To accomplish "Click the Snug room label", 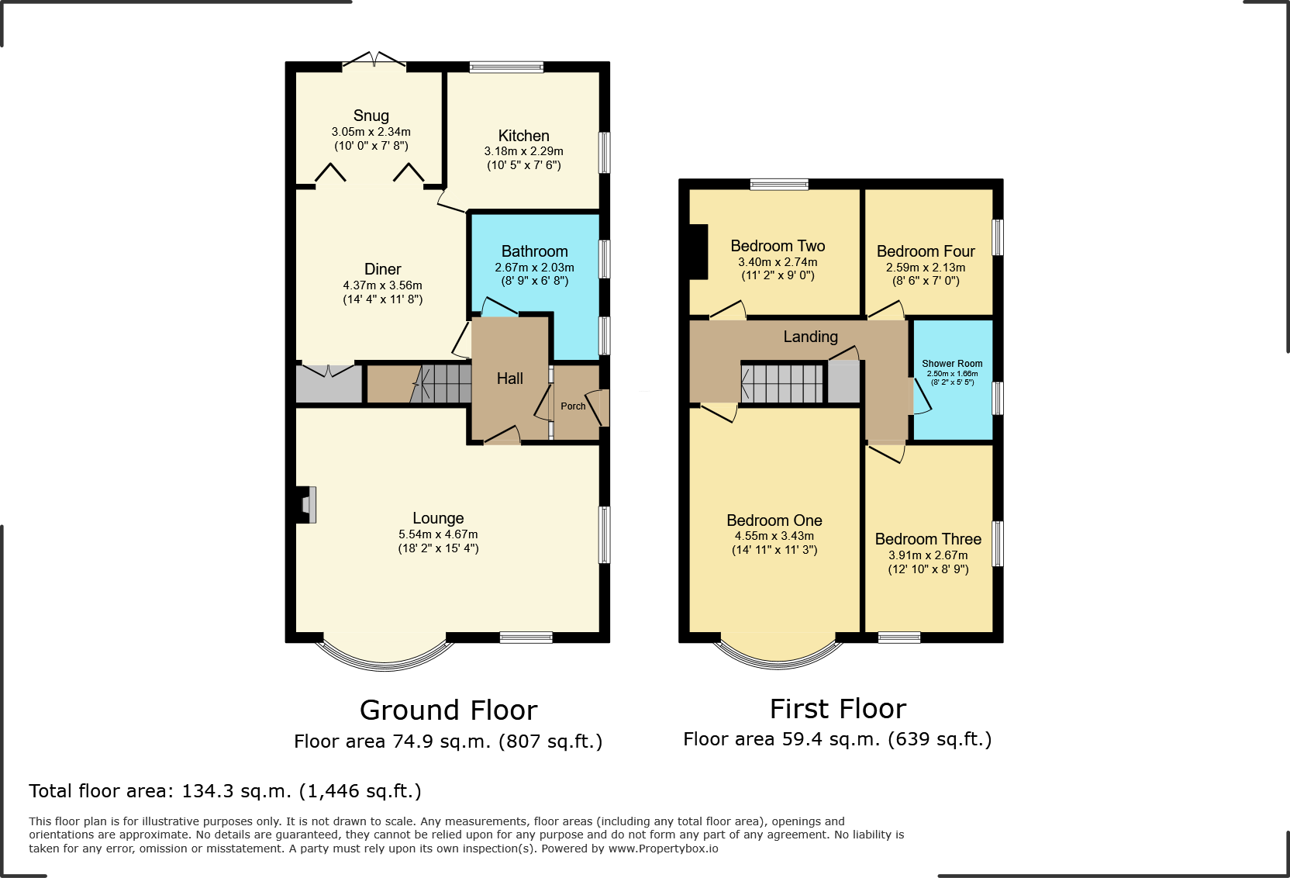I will pyautogui.click(x=371, y=116).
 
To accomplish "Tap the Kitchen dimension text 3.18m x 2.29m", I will pyautogui.click(x=523, y=151).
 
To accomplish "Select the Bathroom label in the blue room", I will pyautogui.click(x=534, y=251).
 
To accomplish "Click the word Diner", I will pyautogui.click(x=383, y=269).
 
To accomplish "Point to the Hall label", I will pyautogui.click(x=509, y=379).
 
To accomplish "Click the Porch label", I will pyautogui.click(x=573, y=406).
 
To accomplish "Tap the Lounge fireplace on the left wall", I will pyautogui.click(x=305, y=504).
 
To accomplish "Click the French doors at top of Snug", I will pyautogui.click(x=374, y=61).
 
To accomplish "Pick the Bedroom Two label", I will pyautogui.click(x=778, y=246).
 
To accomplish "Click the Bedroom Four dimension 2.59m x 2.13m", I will pyautogui.click(x=926, y=268).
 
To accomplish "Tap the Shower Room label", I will pyautogui.click(x=952, y=364).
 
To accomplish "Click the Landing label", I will pyautogui.click(x=810, y=337).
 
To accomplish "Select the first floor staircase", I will pyautogui.click(x=781, y=383).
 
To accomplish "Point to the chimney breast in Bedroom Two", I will pyautogui.click(x=698, y=251).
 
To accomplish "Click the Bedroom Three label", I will pyautogui.click(x=928, y=539).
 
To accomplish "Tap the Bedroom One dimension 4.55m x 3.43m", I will pyautogui.click(x=774, y=536).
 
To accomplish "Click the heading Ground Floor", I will pyautogui.click(x=448, y=710).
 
